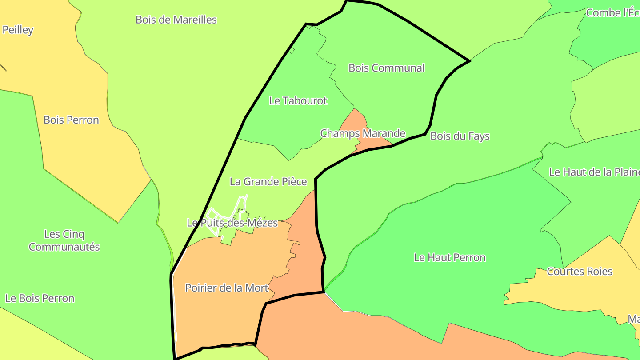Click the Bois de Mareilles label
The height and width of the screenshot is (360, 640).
click(176, 20)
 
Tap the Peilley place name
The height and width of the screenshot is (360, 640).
click(18, 30)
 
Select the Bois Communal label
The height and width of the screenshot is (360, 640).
click(386, 68)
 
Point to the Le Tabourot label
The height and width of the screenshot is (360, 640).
click(298, 100)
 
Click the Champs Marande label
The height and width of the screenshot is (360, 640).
click(363, 133)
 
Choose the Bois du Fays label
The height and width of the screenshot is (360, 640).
click(460, 136)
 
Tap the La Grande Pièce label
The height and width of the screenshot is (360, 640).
click(268, 181)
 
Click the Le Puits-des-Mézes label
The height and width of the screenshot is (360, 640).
click(232, 223)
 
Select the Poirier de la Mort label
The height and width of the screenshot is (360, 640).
click(227, 288)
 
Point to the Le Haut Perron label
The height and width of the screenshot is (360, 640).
click(449, 257)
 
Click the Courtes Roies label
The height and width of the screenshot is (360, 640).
click(579, 271)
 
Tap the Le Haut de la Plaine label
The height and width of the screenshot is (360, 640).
click(594, 172)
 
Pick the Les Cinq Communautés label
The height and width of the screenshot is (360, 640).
click(64, 240)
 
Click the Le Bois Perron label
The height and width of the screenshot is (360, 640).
click(40, 298)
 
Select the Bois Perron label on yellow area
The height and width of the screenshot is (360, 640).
click(71, 120)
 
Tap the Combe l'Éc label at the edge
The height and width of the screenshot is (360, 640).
click(612, 12)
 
